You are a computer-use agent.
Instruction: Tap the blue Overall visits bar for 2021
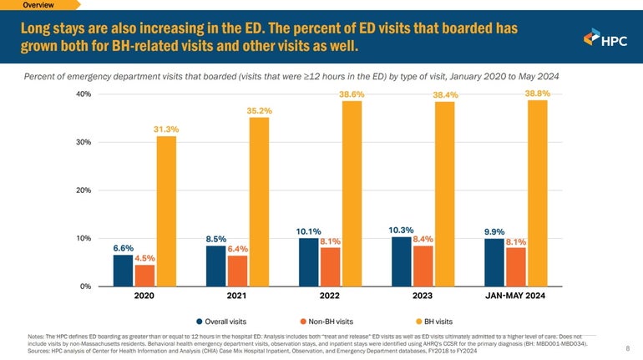click(x=216, y=266)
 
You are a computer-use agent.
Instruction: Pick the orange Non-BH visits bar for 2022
click(x=330, y=266)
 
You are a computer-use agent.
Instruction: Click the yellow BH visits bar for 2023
click(x=444, y=194)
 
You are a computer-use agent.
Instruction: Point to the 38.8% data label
click(x=537, y=94)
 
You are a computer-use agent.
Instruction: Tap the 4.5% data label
click(x=145, y=257)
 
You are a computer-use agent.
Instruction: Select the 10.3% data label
click(x=402, y=230)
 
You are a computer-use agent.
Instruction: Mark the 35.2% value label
click(x=259, y=110)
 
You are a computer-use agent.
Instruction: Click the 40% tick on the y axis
click(x=83, y=94)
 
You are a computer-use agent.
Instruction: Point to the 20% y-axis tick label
click(x=83, y=190)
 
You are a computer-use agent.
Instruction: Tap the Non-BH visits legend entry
click(x=326, y=321)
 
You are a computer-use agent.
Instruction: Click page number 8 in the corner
click(x=627, y=348)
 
